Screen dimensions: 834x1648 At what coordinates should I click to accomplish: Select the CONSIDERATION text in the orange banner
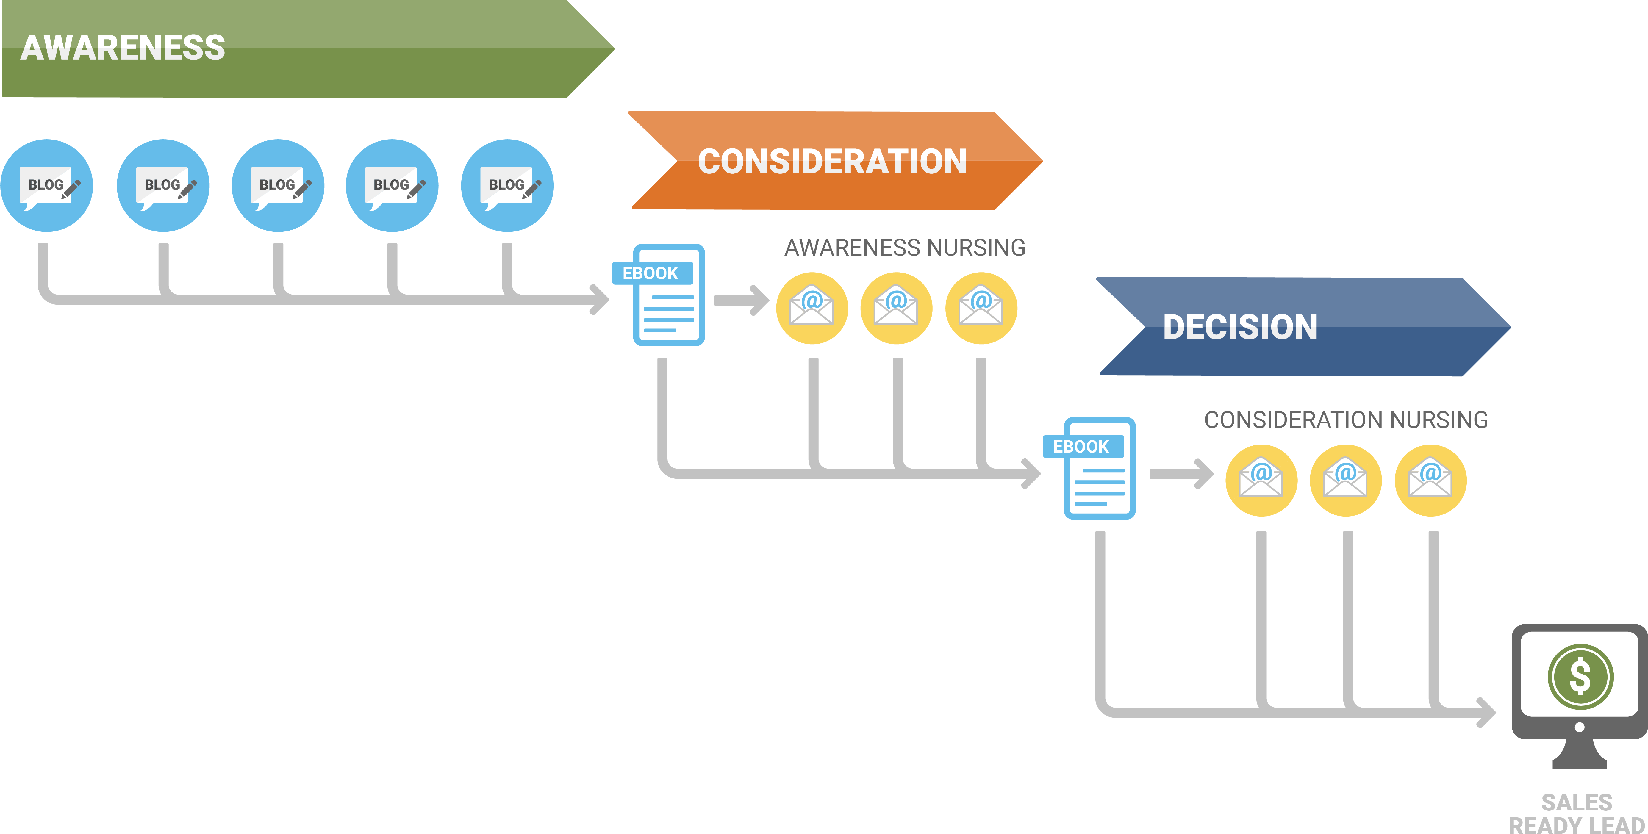click(832, 161)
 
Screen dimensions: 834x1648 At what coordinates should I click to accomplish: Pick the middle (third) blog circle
click(278, 185)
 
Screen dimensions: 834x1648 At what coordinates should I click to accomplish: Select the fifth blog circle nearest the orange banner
click(507, 185)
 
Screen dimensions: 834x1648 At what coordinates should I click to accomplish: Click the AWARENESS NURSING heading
click(905, 248)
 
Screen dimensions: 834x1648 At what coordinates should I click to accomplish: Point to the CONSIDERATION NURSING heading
click(1346, 420)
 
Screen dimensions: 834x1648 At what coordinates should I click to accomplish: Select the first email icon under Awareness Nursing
click(812, 308)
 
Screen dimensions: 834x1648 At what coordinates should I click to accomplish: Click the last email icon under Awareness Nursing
click(981, 308)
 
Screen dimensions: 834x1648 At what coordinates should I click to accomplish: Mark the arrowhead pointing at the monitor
click(1486, 712)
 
